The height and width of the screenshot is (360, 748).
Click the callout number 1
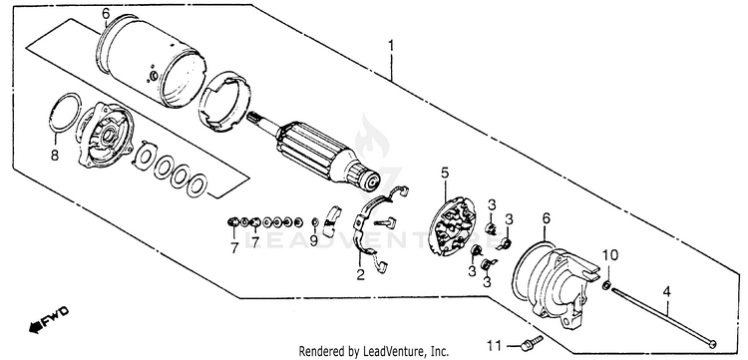[391, 46]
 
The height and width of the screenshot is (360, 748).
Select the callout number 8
[55, 156]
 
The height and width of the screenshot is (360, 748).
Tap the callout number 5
[445, 173]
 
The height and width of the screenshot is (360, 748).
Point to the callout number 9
[313, 241]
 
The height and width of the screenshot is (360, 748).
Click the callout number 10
[611, 255]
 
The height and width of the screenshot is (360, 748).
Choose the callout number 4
[667, 290]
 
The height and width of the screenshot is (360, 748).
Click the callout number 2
[360, 274]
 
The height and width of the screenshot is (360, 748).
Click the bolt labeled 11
[531, 341]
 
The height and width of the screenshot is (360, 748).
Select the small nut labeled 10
[607, 285]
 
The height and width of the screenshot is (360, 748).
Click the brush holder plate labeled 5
[452, 226]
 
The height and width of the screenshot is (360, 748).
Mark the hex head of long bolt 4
[713, 343]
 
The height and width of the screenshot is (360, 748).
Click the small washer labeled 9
[315, 221]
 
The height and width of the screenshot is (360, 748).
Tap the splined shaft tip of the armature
[255, 118]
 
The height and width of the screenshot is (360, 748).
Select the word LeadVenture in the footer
[389, 351]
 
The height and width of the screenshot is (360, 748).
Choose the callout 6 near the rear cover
[547, 218]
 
